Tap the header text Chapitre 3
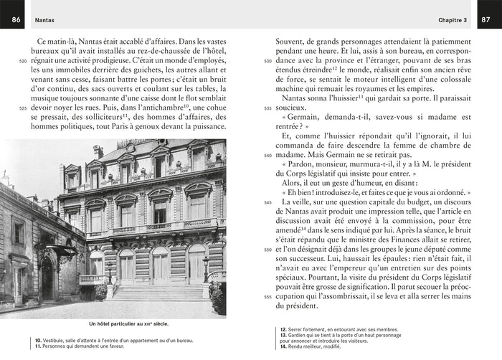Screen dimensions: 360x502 [x=452, y=20]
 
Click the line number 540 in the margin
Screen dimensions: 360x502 [x=267, y=155]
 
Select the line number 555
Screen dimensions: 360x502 [x=267, y=296]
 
